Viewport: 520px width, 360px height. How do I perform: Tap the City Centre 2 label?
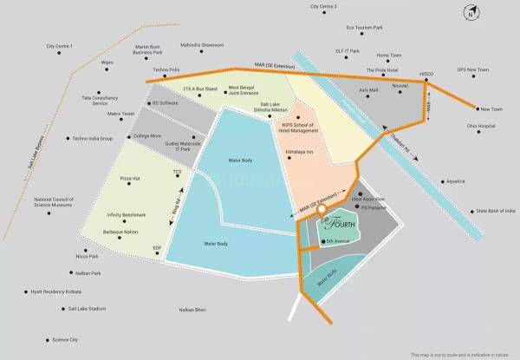pos(323,7)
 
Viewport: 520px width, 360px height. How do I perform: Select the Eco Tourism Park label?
pos(364,28)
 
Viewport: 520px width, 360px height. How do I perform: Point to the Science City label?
pos(65,339)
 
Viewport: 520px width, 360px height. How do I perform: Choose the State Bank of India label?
pos(495,210)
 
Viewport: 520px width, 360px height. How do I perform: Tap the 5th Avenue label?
pos(336,240)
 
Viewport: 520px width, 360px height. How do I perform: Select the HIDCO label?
pos(426,74)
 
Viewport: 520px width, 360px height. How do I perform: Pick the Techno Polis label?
pos(166,69)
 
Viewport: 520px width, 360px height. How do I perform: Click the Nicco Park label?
pos(85,256)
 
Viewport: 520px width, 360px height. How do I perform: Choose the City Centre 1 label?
pos(60,45)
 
